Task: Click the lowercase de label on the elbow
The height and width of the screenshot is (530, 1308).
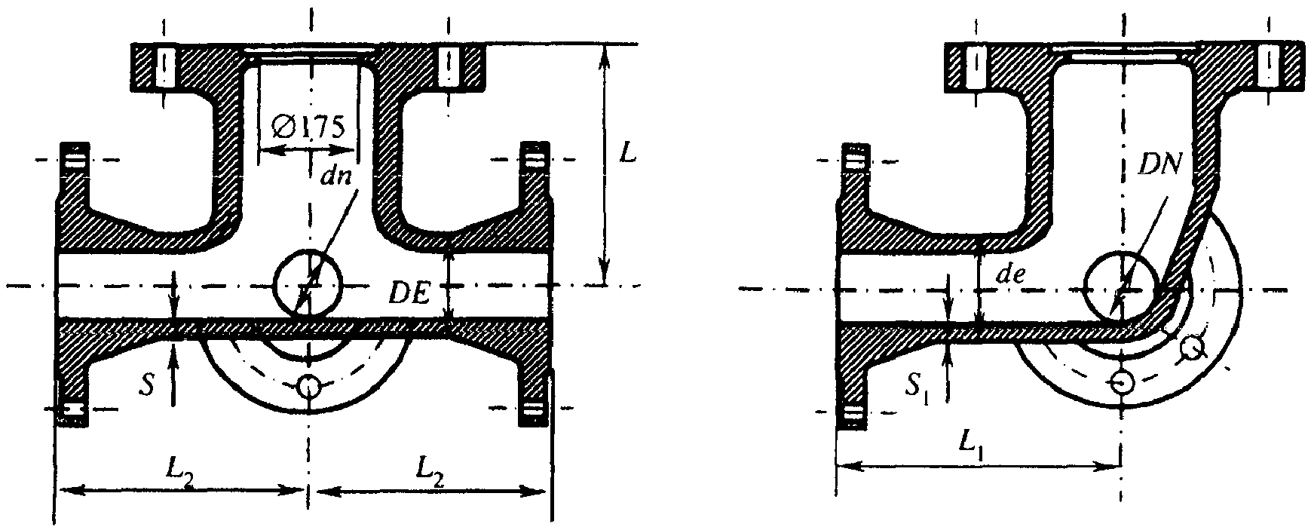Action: point(1009,275)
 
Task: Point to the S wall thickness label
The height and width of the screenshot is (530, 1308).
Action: point(152,386)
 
